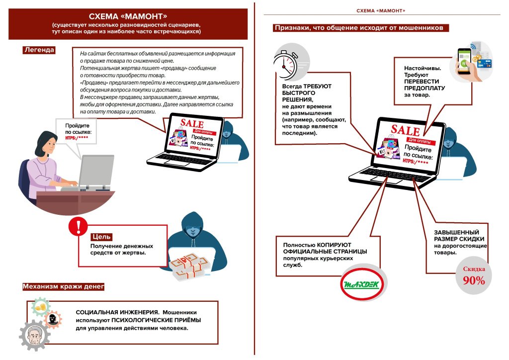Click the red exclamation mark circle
click(x=78, y=227)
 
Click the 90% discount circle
click(x=474, y=276)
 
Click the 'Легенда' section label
click(x=39, y=50)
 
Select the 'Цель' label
click(x=101, y=237)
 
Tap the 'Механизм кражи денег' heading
click(x=63, y=287)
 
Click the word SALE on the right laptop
click(x=405, y=130)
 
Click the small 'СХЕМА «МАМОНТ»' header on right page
click(x=381, y=10)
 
